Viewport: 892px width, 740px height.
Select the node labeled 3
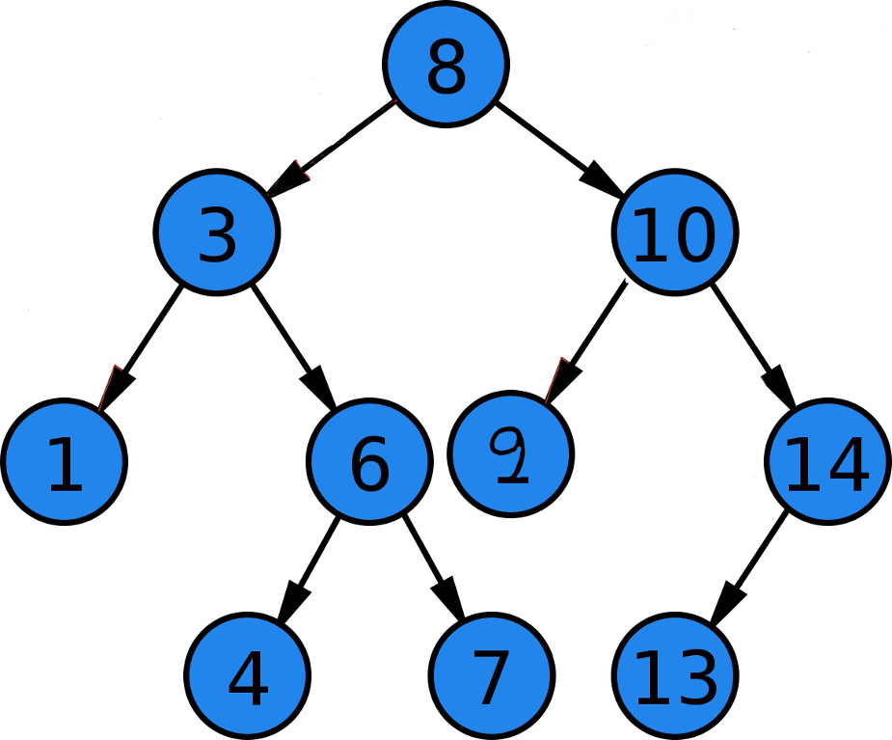[217, 233]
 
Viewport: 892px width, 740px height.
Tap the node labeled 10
[674, 233]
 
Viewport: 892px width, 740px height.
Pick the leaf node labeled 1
[64, 461]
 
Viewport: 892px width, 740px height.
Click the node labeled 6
[369, 461]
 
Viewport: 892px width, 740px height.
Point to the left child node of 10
[511, 452]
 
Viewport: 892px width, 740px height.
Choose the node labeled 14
[826, 461]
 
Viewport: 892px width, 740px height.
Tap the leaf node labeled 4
[248, 675]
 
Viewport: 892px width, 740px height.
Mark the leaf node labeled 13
[674, 675]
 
